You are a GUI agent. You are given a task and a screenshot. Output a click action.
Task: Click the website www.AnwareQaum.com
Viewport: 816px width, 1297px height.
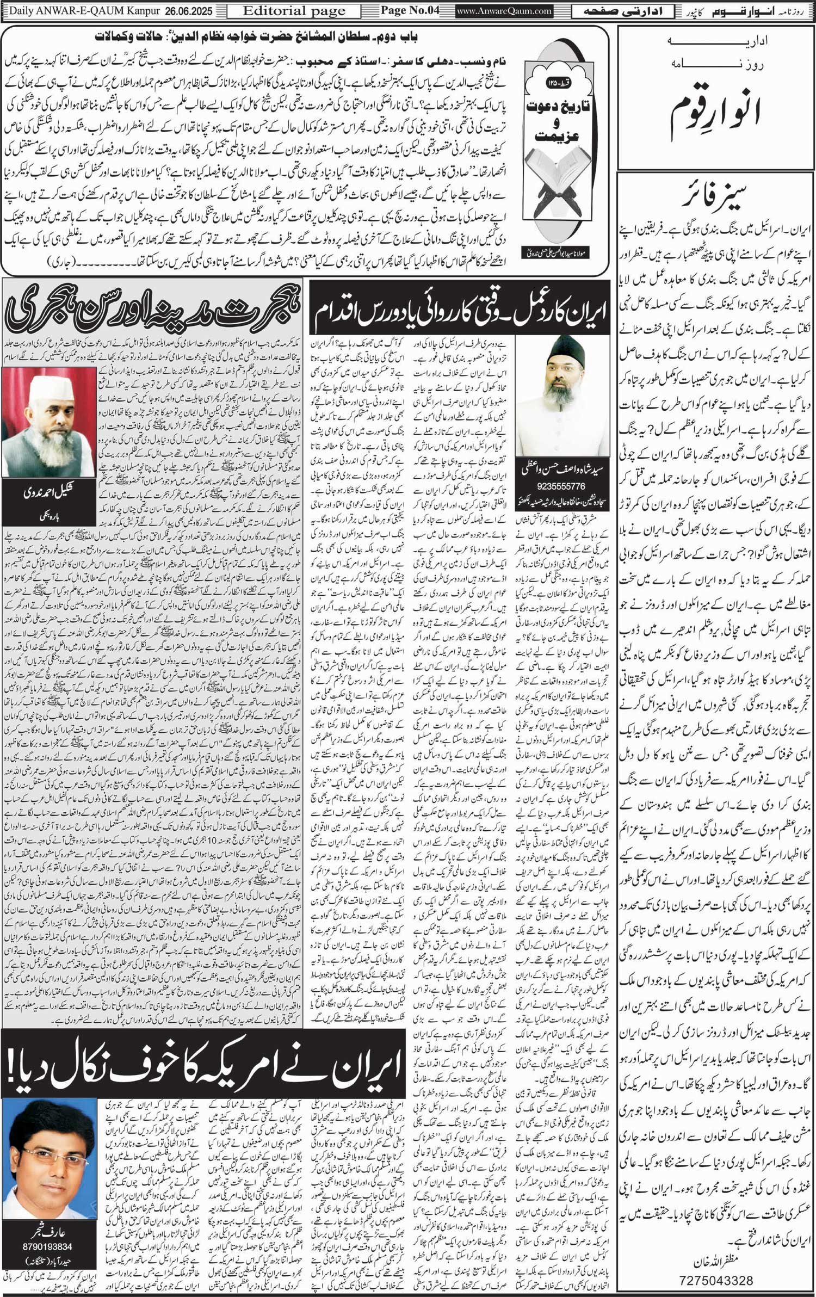504,11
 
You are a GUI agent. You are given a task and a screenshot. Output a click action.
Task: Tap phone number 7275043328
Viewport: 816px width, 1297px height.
715,1280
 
